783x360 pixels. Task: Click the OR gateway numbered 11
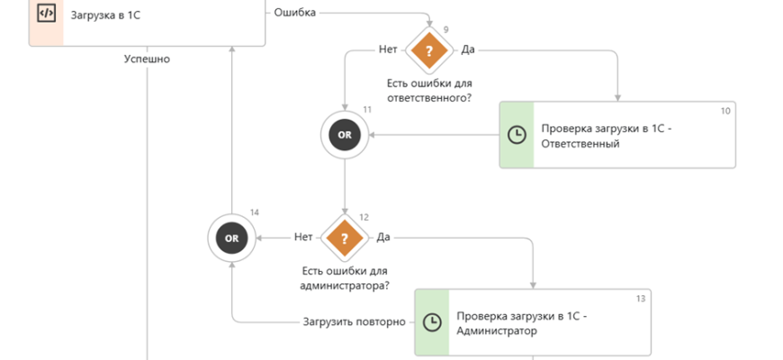click(x=345, y=135)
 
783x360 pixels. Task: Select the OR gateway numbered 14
click(x=231, y=238)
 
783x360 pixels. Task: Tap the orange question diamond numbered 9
click(x=428, y=51)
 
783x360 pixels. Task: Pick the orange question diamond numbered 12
click(x=344, y=238)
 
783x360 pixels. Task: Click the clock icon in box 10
click(x=517, y=135)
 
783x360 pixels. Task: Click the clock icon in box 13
click(x=432, y=322)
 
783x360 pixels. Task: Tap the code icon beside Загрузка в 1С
click(x=45, y=13)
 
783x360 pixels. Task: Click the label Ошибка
click(x=293, y=13)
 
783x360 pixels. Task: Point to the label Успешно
click(x=146, y=59)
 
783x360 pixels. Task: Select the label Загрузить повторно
click(x=355, y=321)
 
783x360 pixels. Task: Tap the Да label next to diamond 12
click(x=383, y=238)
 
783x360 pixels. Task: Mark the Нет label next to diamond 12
click(x=304, y=238)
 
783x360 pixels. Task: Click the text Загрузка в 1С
click(x=106, y=13)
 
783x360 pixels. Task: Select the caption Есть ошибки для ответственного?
click(x=428, y=90)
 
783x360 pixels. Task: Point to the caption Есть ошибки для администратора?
click(x=344, y=278)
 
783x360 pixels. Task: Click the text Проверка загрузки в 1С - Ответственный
click(x=606, y=136)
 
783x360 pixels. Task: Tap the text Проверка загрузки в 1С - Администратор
click(x=521, y=323)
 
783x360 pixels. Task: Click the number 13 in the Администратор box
click(x=640, y=298)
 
